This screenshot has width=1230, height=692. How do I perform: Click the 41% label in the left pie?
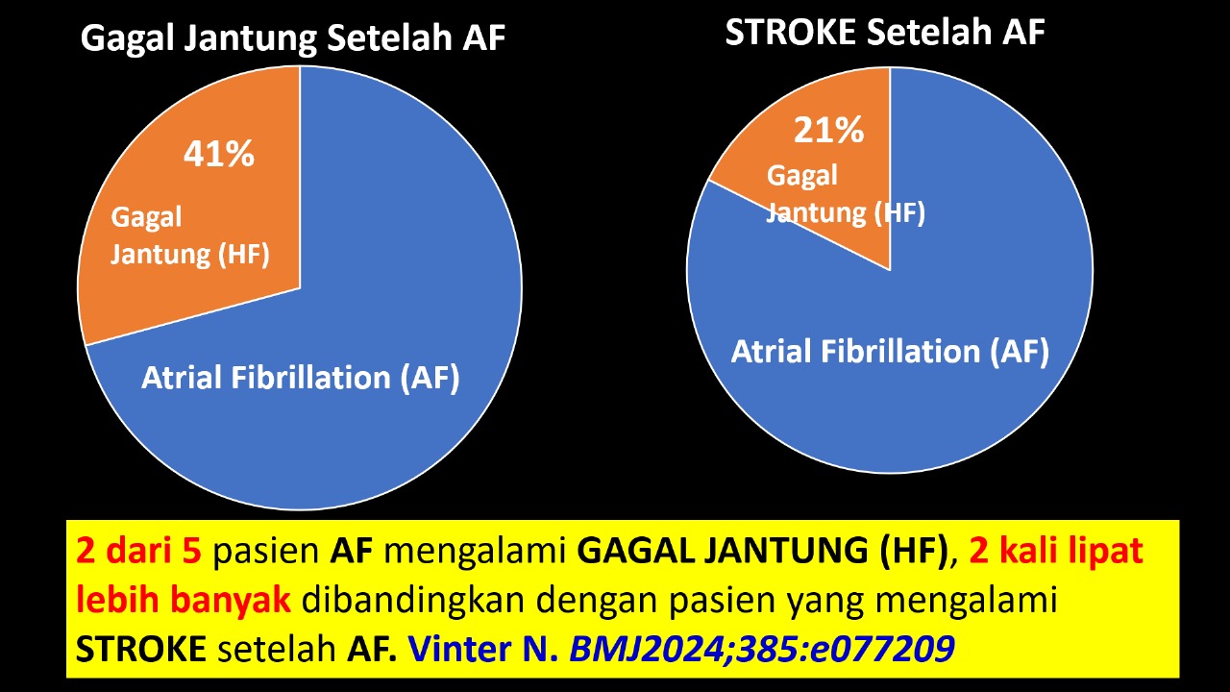click(x=218, y=154)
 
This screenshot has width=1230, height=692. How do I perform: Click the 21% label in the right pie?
click(x=828, y=130)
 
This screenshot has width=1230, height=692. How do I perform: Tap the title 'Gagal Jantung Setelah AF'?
click(x=293, y=37)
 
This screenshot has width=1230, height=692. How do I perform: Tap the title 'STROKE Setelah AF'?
click(x=885, y=32)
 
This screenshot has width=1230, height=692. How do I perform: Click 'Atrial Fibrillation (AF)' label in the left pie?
click(x=301, y=378)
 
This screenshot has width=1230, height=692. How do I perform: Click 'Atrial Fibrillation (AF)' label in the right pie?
click(x=890, y=352)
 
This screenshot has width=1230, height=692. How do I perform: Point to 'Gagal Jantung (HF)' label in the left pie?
click(x=190, y=236)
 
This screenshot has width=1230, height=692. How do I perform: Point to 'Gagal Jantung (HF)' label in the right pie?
click(x=846, y=194)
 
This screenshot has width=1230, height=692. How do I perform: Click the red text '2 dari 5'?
click(x=138, y=551)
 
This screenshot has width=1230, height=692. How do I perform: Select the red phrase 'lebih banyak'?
click(x=183, y=599)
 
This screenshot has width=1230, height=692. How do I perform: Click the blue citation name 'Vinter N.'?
click(x=483, y=649)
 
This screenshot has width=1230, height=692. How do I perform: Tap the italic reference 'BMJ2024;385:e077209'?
click(x=762, y=649)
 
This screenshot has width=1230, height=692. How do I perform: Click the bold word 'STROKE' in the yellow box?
click(x=140, y=649)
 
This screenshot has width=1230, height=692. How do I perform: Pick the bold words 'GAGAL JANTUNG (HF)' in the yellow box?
click(x=763, y=552)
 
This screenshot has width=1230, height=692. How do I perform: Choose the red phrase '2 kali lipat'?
click(x=1056, y=552)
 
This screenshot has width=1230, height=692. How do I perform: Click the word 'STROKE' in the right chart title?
click(x=790, y=32)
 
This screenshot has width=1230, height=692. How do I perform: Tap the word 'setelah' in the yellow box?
click(x=277, y=649)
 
